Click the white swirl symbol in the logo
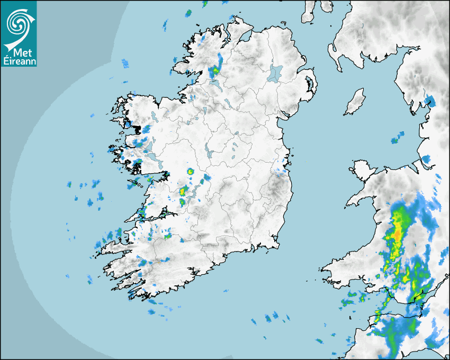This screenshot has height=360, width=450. pos(18,23)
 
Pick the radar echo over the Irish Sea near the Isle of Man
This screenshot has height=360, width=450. pos(394,140)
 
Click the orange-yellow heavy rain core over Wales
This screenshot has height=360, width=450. pos(397,233)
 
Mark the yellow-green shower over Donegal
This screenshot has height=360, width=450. pos(215,70)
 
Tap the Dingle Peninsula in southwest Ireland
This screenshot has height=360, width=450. pos(114,246)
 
